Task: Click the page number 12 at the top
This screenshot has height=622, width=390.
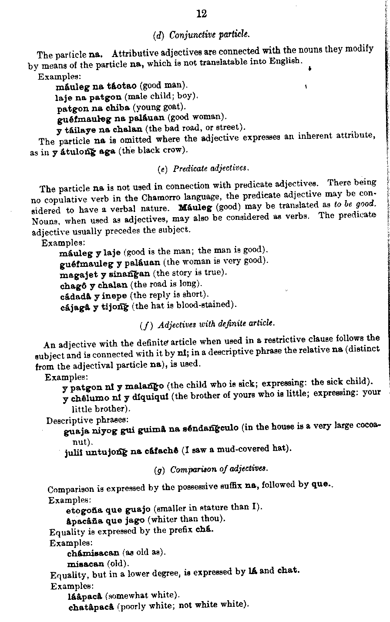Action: (202, 14)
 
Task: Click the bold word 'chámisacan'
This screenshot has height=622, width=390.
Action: (93, 553)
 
